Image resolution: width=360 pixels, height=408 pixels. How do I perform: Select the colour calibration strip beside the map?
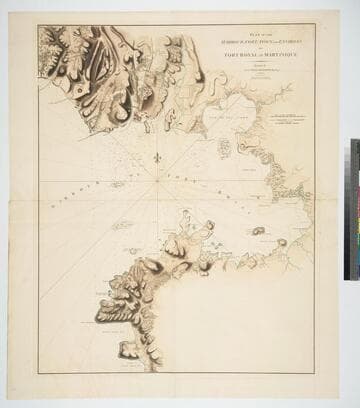pos(353,210)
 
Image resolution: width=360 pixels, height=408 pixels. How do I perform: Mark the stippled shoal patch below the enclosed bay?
pos(223,148)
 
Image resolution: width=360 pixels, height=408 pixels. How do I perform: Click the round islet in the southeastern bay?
pos(259,231)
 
